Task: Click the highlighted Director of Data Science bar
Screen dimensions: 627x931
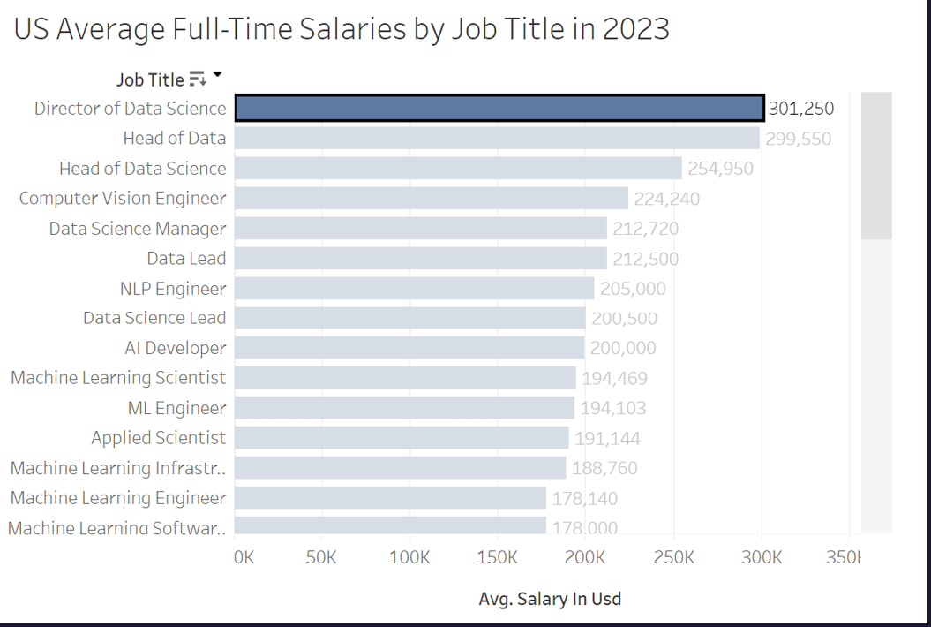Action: [x=499, y=108]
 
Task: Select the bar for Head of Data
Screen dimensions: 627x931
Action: [x=497, y=138]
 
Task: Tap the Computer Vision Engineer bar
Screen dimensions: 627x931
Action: [x=432, y=198]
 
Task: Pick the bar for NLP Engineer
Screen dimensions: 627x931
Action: [x=415, y=289]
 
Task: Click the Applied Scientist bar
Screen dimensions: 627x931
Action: [x=402, y=438]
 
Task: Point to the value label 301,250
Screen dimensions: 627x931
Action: [x=800, y=109]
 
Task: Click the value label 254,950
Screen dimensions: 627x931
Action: [x=721, y=168]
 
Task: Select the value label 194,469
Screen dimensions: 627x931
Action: [x=614, y=379]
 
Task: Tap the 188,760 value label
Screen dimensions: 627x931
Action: [x=604, y=468]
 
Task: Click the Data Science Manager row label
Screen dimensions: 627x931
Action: [x=138, y=229]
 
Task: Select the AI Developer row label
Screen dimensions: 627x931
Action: [x=175, y=348]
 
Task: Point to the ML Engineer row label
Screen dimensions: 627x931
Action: [x=176, y=408]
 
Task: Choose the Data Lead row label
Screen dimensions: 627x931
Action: [x=186, y=258]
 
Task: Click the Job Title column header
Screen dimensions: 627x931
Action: [x=150, y=79]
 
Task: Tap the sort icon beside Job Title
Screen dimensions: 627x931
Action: [x=198, y=79]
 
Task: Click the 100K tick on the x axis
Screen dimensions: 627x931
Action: [x=409, y=558]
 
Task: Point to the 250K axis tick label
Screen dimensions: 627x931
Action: [x=673, y=558]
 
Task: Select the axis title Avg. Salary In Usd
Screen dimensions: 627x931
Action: [x=550, y=599]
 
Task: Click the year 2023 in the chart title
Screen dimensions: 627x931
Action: [x=635, y=29]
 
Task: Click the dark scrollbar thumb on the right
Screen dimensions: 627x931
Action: [x=876, y=166]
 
